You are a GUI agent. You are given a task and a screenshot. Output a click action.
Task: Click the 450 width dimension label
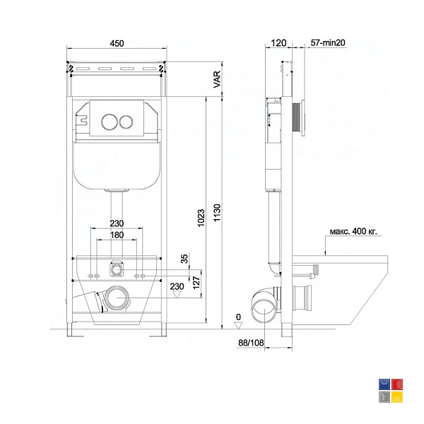coord(117,43)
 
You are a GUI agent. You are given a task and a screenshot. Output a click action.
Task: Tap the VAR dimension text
coord(217,79)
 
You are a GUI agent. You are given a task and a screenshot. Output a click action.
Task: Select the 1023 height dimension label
coord(201,218)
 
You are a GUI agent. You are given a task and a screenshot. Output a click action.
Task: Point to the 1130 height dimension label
coord(217,213)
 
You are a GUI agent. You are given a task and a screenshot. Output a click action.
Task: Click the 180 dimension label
coord(117,235)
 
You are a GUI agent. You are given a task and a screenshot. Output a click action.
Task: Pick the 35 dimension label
coord(184,259)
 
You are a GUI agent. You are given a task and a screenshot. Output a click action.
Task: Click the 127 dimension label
coord(196,283)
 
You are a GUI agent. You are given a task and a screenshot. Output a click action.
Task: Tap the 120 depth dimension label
coord(278,42)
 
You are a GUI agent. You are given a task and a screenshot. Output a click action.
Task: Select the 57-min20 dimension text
coord(328,42)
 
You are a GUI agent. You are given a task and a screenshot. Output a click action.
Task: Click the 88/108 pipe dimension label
coord(251,343)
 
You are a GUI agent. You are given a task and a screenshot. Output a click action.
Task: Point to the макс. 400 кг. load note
coord(353,232)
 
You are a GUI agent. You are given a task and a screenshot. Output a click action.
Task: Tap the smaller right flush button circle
coord(126,122)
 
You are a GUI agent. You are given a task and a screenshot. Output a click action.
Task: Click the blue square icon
coord(384,384)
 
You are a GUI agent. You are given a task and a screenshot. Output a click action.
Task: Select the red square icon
coord(397,384)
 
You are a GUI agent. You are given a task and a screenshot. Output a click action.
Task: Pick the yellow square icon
coord(397,397)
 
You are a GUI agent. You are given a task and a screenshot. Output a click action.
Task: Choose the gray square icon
coord(384,397)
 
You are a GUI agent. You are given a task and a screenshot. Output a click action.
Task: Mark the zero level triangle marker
coord(238,326)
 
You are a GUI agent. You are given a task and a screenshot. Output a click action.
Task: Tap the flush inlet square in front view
coord(117,269)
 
